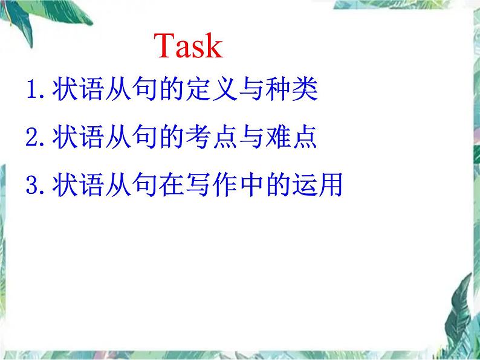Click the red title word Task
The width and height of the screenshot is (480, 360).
pyautogui.click(x=189, y=46)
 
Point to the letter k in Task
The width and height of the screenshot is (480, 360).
pyautogui.click(x=213, y=46)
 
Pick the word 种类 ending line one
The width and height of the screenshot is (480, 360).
pyautogui.click(x=303, y=92)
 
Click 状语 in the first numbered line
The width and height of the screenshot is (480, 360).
pyautogui.click(x=79, y=92)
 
